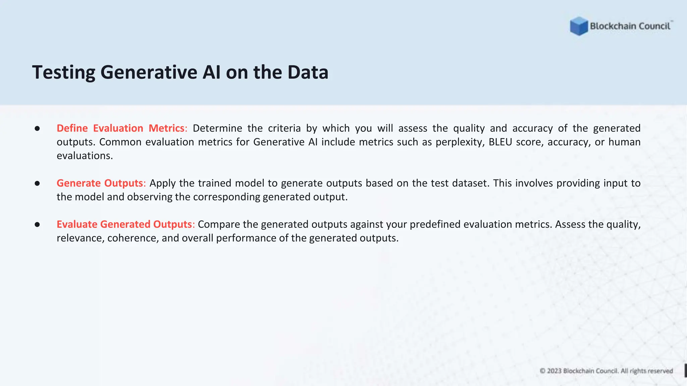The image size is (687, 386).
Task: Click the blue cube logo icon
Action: click(x=579, y=26)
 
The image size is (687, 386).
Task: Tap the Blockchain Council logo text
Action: click(x=630, y=26)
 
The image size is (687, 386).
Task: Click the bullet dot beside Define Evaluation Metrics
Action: click(x=37, y=129)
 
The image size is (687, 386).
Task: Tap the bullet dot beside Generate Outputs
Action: click(x=37, y=184)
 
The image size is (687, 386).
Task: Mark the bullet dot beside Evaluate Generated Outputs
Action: click(x=37, y=224)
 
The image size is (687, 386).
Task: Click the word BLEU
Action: click(x=500, y=142)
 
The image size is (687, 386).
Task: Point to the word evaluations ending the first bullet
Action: click(x=85, y=156)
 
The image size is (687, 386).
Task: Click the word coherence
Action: click(x=133, y=238)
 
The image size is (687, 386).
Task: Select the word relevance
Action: click(x=81, y=238)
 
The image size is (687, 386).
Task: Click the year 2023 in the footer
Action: click(x=554, y=371)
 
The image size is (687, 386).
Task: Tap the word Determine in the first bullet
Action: click(x=217, y=128)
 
